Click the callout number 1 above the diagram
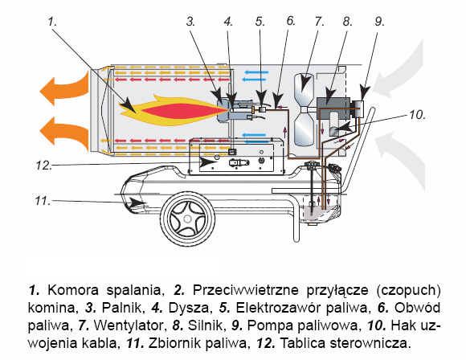coord(52,22)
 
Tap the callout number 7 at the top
coord(319,22)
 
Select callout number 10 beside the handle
coord(417,115)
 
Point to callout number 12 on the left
coord(43,166)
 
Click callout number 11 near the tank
coord(43,201)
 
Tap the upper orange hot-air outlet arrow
coord(63,88)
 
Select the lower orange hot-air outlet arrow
coord(63,132)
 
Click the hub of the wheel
coord(187,219)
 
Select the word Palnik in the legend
coord(121,308)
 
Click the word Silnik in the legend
coord(205,325)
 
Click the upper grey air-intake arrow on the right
coord(398,71)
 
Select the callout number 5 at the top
coord(260,22)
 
